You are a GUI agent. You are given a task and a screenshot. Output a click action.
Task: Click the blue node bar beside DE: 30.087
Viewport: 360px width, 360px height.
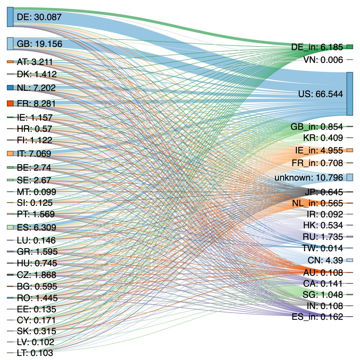[x=10, y=17]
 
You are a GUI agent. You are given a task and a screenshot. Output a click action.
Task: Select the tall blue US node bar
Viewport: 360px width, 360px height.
[x=350, y=94]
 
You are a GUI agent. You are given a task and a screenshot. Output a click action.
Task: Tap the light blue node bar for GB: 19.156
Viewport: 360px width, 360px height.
[x=10, y=43]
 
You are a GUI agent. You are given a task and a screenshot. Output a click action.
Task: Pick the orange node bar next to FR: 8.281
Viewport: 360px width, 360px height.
[x=10, y=103]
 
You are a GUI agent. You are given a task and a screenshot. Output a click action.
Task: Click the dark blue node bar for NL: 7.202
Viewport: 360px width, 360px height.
[x=10, y=88]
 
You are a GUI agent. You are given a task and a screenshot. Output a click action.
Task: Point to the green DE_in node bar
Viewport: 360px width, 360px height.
[x=350, y=47]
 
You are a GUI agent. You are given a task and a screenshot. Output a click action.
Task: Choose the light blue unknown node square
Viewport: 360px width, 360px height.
[x=350, y=177]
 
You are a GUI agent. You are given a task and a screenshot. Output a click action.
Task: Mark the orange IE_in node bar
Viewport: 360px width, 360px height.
[x=350, y=150]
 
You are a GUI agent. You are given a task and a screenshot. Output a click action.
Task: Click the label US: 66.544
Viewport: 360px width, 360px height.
[x=321, y=94]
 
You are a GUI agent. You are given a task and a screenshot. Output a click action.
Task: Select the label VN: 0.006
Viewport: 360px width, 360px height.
[x=323, y=60]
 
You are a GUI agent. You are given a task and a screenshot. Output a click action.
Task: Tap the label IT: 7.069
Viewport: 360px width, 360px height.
[x=34, y=154]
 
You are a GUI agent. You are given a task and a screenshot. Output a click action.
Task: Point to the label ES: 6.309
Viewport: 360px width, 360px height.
[x=36, y=228]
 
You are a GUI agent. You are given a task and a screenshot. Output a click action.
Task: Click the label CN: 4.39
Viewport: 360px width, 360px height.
[x=325, y=260]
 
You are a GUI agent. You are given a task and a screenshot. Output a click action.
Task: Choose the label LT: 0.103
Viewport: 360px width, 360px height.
[x=35, y=353]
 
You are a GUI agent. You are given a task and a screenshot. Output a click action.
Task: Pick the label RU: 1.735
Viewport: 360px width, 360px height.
[x=323, y=237]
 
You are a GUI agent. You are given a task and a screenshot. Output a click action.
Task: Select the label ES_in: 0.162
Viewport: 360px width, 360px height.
[x=317, y=317]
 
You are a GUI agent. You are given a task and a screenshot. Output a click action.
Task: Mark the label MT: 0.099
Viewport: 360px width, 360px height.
[x=36, y=192]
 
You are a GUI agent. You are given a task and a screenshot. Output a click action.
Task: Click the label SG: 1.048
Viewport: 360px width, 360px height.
[x=323, y=294]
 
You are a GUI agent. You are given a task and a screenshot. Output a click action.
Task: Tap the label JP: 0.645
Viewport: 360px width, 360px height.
[x=324, y=192]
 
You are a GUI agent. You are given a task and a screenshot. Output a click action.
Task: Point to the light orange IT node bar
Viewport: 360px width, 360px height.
[x=10, y=153]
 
